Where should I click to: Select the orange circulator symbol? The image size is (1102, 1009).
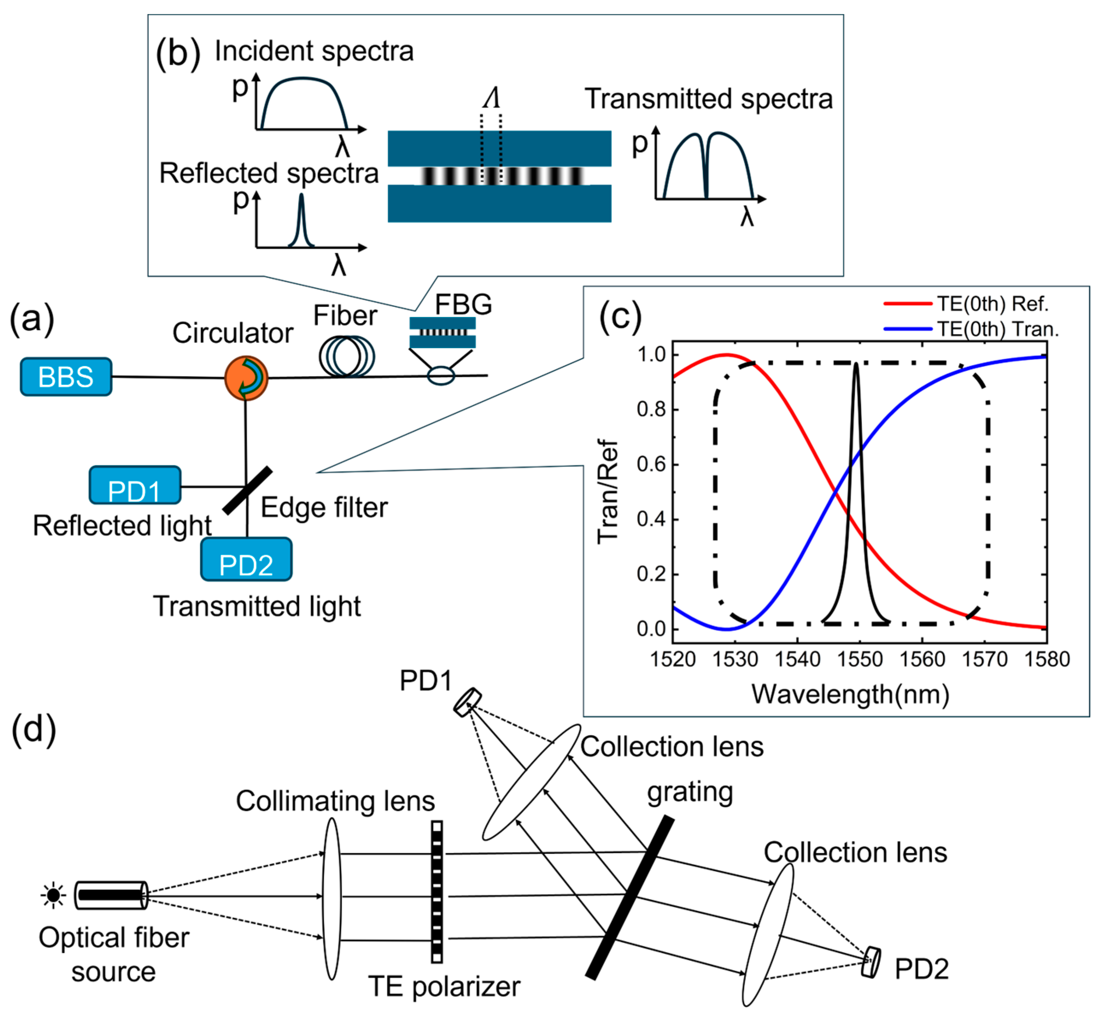[246, 378]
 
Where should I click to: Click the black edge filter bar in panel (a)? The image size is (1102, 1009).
[247, 490]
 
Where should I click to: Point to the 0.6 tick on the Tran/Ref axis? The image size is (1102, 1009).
[651, 465]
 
